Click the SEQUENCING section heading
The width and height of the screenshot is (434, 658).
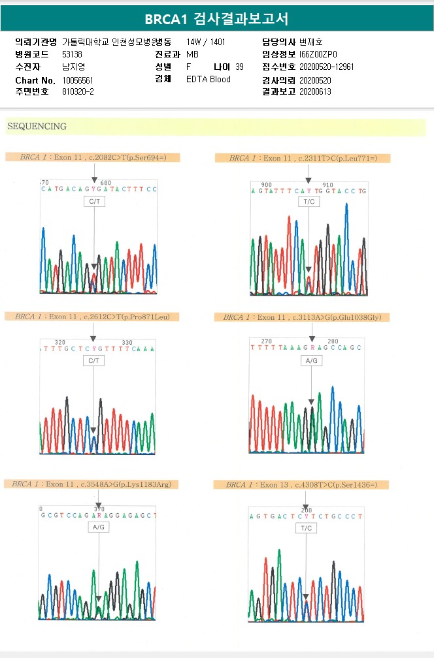37,127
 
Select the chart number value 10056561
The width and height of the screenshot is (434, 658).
78,80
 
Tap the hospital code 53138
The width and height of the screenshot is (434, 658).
72,54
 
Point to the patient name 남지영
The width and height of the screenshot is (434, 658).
73,67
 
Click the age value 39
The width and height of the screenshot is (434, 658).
239,67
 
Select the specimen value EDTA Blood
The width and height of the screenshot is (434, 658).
209,80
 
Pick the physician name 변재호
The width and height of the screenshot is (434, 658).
310,42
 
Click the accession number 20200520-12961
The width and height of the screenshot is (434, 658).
327,67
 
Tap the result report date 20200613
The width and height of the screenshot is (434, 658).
315,92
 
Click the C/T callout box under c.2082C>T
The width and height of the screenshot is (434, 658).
94,202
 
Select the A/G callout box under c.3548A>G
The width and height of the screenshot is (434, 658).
99,527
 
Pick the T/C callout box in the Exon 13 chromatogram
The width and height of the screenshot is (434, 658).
306,528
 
